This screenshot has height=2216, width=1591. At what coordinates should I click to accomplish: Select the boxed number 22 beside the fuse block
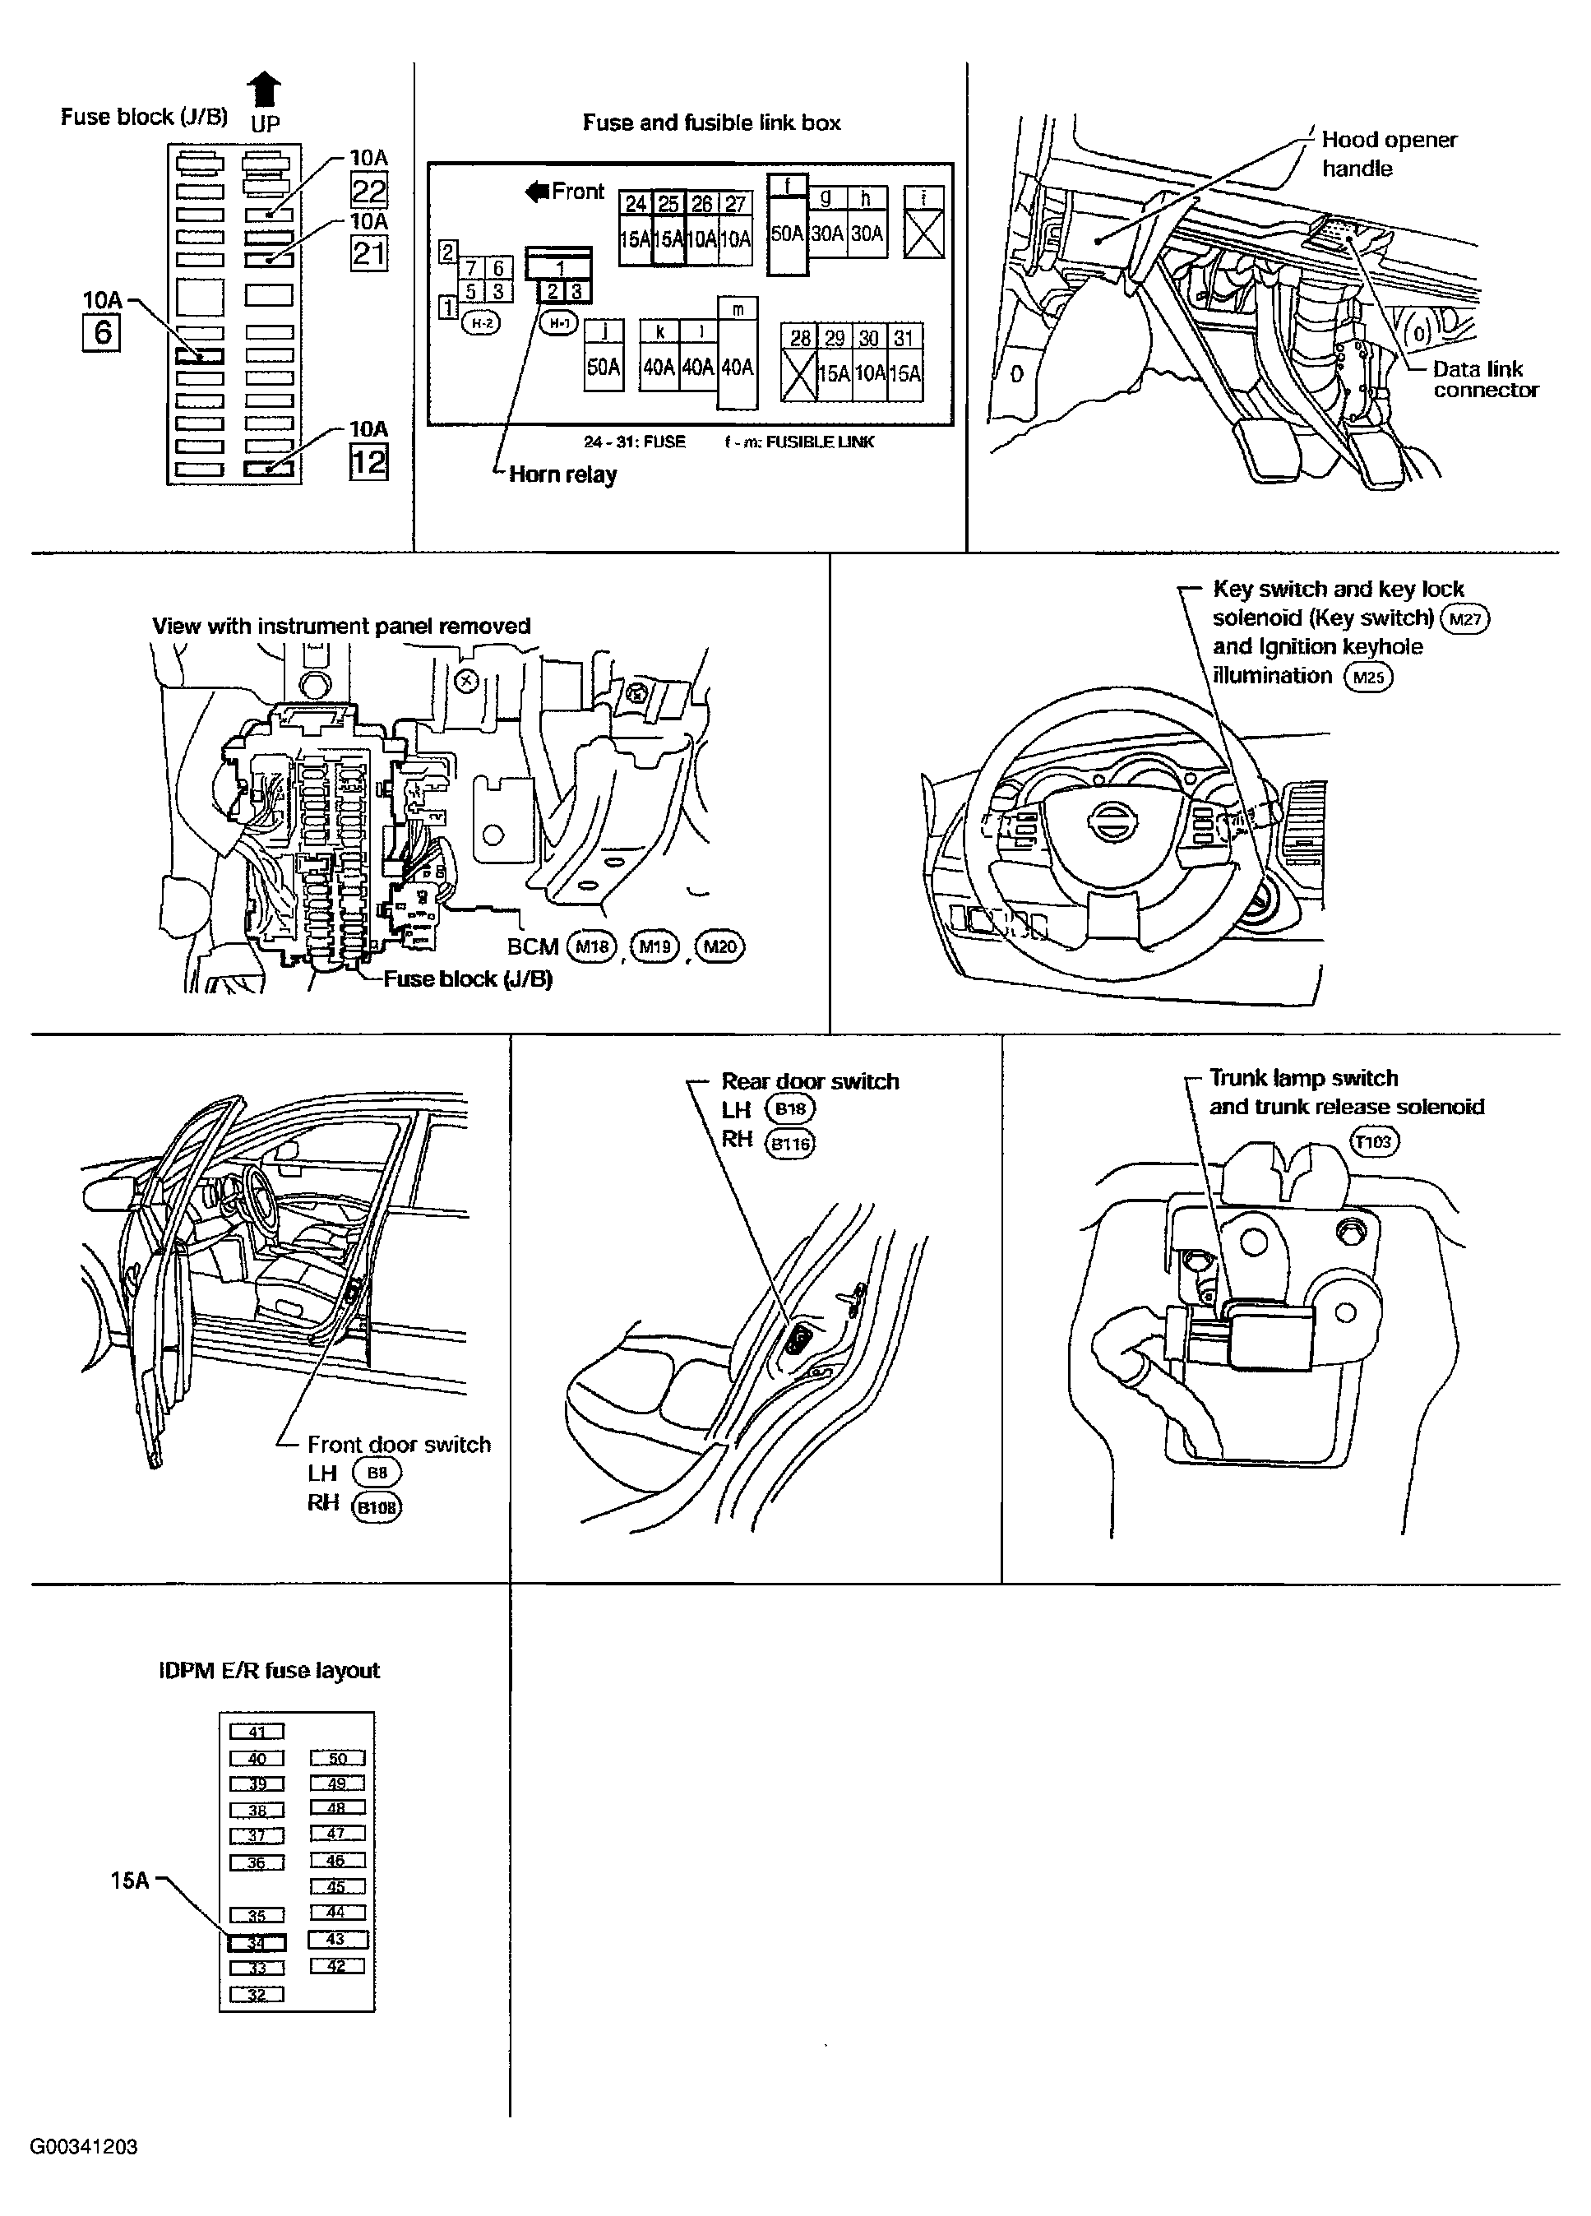(x=368, y=190)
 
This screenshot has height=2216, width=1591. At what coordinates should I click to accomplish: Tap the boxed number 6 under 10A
(x=102, y=333)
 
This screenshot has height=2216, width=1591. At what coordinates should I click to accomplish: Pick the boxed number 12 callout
(x=368, y=461)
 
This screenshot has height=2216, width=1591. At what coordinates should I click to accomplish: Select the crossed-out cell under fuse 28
(x=798, y=374)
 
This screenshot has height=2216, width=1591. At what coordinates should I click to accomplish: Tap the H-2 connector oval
(x=480, y=322)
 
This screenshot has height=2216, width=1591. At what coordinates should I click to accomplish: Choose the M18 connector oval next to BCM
(x=592, y=946)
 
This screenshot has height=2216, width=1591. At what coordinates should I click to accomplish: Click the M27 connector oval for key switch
(x=1465, y=618)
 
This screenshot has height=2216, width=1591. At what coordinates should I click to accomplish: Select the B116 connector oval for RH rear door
(x=791, y=1143)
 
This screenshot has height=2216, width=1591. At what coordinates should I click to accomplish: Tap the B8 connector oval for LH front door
(x=377, y=1473)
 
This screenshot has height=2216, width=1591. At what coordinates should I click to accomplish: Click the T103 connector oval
(x=1374, y=1141)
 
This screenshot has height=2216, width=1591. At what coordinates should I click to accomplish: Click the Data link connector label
(x=1484, y=379)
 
